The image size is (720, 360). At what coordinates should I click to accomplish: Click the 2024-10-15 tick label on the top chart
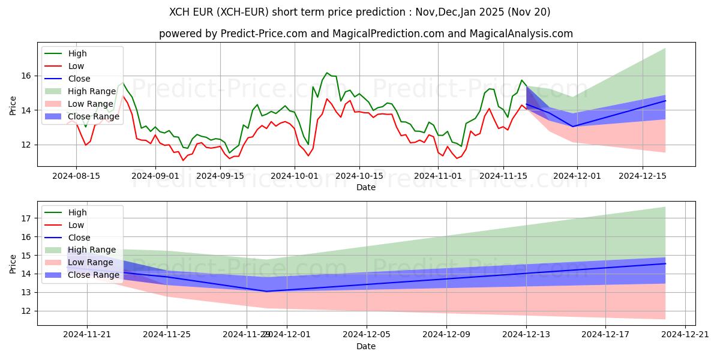point(359,176)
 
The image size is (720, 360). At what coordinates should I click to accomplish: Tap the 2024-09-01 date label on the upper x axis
point(155,176)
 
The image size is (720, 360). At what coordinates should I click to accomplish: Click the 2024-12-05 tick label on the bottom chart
point(366,335)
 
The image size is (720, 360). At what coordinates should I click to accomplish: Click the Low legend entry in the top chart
point(76,66)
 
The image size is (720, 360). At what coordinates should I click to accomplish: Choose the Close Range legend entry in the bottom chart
point(94,275)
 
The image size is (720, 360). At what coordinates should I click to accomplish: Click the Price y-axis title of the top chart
point(13,106)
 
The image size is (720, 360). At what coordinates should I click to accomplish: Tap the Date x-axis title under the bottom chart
point(366,346)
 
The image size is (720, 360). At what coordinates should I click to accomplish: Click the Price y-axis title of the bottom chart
point(13,264)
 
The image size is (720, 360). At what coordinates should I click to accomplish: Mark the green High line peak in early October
point(327,73)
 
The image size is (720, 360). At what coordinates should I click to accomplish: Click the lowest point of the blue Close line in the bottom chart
point(266,291)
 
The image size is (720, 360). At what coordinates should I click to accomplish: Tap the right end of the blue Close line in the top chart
point(665,101)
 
